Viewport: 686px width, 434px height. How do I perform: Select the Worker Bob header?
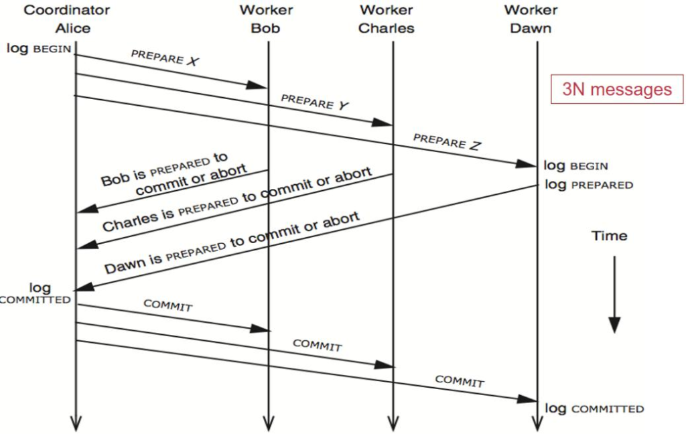coord(266,19)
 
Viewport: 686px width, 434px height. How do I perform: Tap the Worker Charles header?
coord(387,19)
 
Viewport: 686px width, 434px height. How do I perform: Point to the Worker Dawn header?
coord(531,19)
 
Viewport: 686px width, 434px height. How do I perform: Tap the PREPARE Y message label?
coord(316,102)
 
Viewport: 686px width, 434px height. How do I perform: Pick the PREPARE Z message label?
coord(447,141)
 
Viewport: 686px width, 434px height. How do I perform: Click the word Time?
coord(609,236)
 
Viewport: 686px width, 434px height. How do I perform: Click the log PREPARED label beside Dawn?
coord(588,185)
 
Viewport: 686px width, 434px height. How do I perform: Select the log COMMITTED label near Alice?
coord(38,293)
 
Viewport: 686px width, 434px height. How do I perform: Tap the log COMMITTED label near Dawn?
coord(594,409)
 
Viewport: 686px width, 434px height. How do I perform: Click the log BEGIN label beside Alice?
coord(39,48)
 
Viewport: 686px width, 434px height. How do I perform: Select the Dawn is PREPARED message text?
coord(232,242)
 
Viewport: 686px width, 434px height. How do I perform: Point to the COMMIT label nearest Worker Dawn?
coord(460,382)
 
